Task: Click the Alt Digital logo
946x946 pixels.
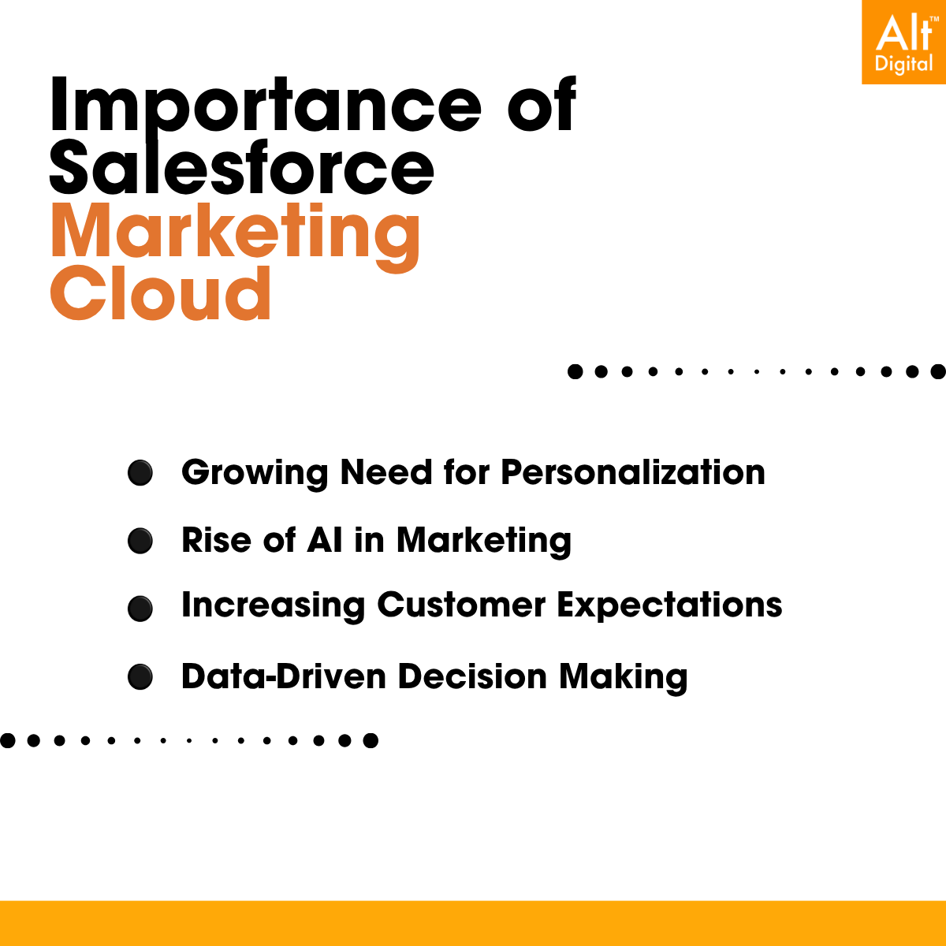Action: coord(903,42)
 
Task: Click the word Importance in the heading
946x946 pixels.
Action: coord(265,105)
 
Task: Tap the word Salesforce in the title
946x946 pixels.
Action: coord(241,167)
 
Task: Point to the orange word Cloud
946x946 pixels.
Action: coord(161,293)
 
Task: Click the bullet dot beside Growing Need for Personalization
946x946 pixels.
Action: coord(140,473)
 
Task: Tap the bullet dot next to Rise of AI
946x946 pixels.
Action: coord(140,541)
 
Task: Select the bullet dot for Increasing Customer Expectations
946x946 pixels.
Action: coord(140,609)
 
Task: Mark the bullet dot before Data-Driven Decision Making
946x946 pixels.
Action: coord(140,677)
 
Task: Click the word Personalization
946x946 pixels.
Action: coord(633,473)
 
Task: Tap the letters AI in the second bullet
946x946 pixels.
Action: coord(325,540)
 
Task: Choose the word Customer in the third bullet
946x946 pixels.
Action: coord(461,605)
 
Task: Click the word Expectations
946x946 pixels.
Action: coord(669,606)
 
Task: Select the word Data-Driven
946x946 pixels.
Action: coord(284,676)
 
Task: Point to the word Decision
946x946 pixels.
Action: coord(472,676)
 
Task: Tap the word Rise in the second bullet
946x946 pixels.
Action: coord(217,540)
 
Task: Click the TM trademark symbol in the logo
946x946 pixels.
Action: coord(933,19)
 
